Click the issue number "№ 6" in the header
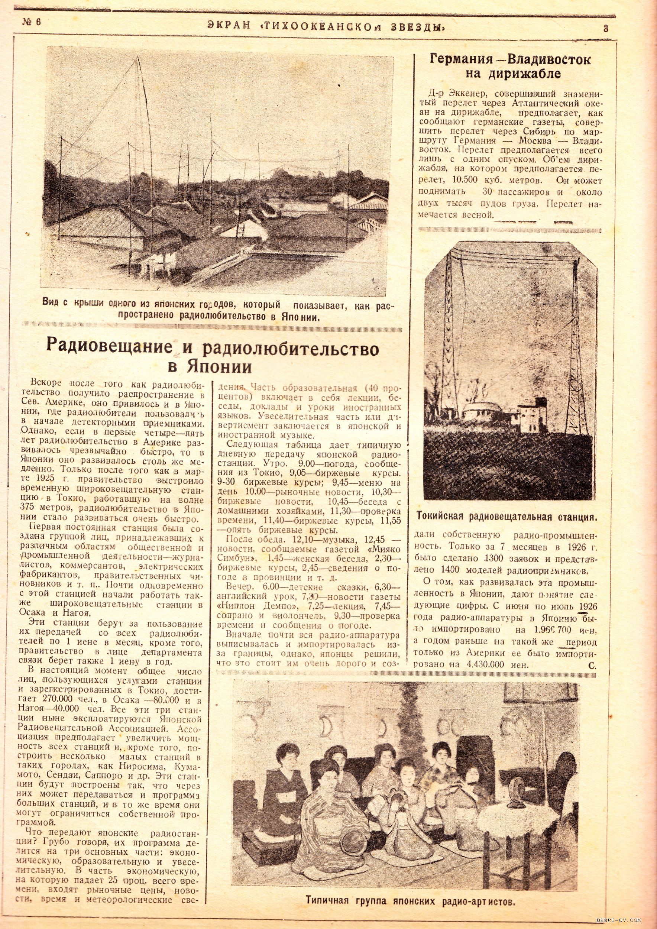coord(31,23)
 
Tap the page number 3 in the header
coord(606,28)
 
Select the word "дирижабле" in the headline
coord(524,74)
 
